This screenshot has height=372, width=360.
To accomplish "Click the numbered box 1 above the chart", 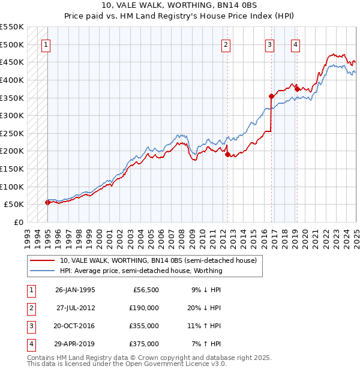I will coord(46,44).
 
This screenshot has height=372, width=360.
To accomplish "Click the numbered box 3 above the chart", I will coord(270,44).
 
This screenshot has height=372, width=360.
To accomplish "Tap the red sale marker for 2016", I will coord(271,96).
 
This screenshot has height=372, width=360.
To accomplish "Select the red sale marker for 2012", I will coord(228,154).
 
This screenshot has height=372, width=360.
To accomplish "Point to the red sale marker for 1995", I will coord(47,202).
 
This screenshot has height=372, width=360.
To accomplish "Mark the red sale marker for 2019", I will coord(297,89).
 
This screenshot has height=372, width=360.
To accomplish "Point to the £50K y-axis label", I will coord(14,205).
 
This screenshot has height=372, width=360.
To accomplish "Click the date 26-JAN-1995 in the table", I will coord(75,290).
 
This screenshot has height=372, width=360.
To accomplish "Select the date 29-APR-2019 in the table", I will coord(75,344).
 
